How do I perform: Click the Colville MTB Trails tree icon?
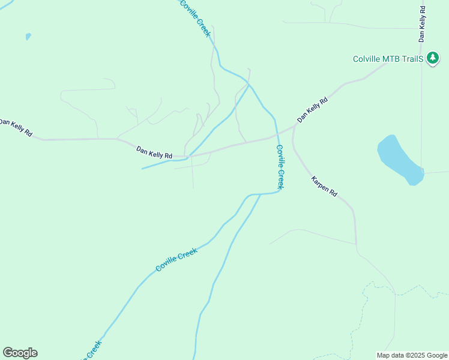point(432,59)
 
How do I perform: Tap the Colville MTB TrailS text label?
point(388,59)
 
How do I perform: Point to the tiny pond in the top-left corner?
point(28,37)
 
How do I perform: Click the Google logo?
point(20,353)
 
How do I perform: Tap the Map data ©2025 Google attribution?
point(412,355)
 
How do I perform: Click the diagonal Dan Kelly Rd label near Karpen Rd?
point(312,110)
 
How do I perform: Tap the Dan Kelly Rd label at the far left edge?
point(15,127)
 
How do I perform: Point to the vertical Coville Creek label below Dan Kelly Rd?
point(280,166)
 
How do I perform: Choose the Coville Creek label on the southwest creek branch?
point(176,260)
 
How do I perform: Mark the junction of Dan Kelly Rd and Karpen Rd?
point(294,127)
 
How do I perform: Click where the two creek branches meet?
point(260,194)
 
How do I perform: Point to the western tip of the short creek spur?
point(142,169)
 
